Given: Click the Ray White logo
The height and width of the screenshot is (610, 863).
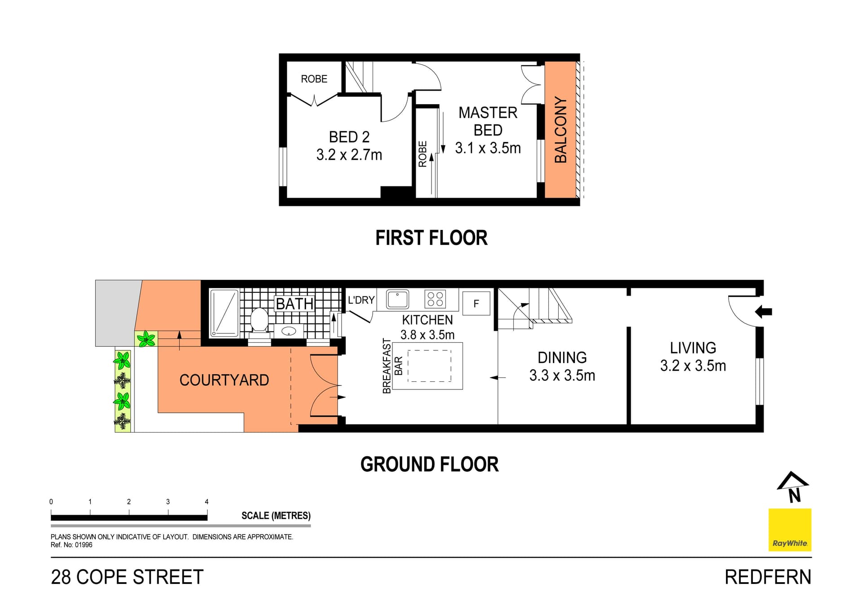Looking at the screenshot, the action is click(x=790, y=530).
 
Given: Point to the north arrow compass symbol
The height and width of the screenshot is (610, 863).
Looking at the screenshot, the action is click(x=792, y=486).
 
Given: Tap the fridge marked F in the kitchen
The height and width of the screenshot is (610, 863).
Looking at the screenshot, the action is click(x=476, y=303).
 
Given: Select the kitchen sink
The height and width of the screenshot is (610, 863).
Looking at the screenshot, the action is click(x=398, y=299).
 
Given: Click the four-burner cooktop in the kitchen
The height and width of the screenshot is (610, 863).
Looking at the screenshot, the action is click(x=435, y=299).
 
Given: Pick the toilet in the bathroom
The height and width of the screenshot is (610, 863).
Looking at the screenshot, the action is click(x=259, y=320).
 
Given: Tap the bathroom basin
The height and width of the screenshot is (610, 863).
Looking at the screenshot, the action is click(x=288, y=332).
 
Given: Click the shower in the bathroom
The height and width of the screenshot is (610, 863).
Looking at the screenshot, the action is click(x=224, y=313).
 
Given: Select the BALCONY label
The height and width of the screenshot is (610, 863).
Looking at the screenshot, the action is click(x=561, y=129).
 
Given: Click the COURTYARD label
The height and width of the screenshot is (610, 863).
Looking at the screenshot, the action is click(x=224, y=380).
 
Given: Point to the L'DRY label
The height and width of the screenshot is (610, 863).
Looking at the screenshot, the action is click(x=361, y=300).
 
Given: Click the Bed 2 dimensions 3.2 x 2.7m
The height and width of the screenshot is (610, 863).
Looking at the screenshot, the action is click(x=349, y=155).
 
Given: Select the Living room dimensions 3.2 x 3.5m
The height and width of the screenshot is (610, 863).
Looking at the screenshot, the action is click(x=693, y=366).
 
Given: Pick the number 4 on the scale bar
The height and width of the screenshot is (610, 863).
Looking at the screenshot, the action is click(x=207, y=502).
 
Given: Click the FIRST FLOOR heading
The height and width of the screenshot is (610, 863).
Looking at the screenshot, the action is click(x=431, y=238).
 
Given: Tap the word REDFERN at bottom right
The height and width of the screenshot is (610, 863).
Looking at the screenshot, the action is click(x=768, y=577).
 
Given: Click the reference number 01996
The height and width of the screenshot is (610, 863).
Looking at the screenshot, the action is click(x=84, y=545).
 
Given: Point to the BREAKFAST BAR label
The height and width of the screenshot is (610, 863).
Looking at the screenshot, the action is click(x=392, y=366).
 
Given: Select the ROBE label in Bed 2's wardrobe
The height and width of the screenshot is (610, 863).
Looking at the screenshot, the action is click(x=314, y=79).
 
